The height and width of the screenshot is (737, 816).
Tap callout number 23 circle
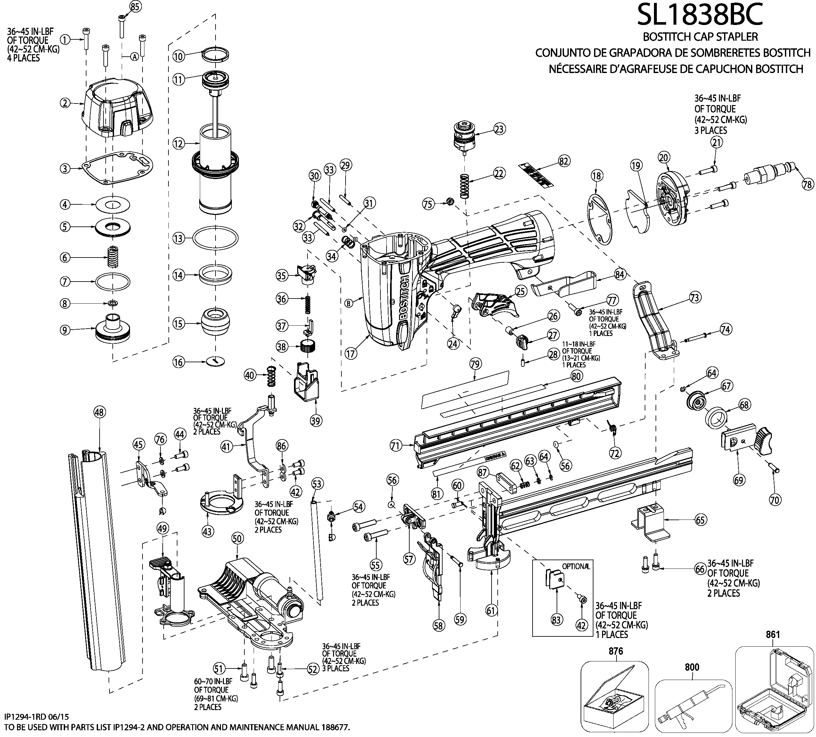(x=500, y=129)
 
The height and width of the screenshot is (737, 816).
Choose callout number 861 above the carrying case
(x=773, y=635)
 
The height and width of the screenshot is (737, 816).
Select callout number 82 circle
(x=563, y=161)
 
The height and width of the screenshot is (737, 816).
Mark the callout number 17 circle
(x=351, y=353)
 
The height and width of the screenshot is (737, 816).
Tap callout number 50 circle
(x=237, y=538)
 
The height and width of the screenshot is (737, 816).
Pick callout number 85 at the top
(x=135, y=6)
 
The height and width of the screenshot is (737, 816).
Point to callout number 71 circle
(x=396, y=446)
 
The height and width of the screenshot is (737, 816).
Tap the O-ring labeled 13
(x=215, y=238)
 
